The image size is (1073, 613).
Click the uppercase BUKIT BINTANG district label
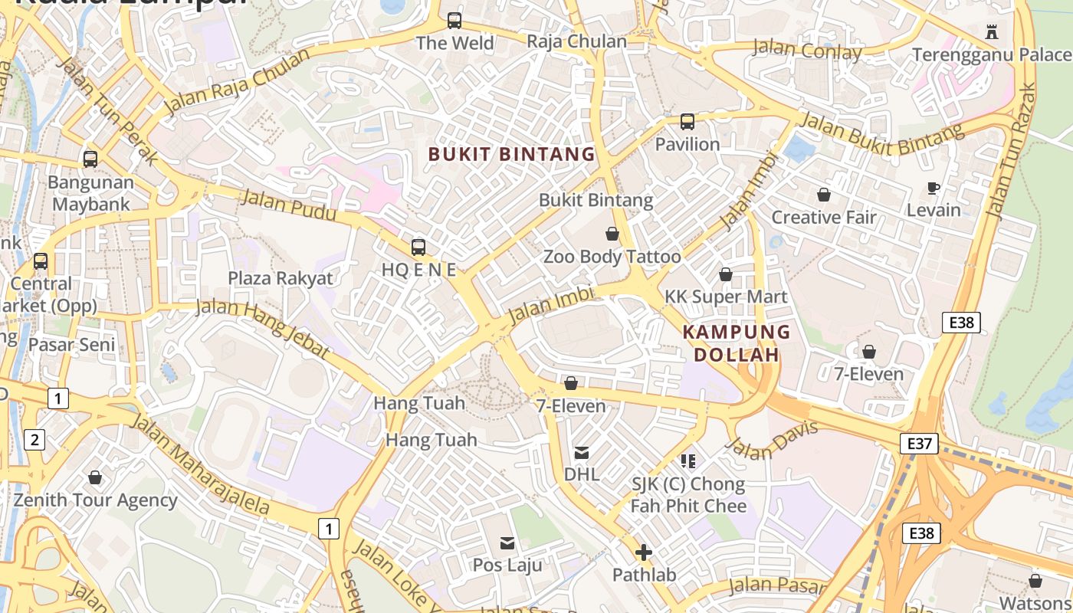click(511, 154)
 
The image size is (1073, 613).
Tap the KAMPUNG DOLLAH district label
click(737, 343)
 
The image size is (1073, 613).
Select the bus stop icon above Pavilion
click(687, 122)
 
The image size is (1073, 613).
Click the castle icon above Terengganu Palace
click(992, 31)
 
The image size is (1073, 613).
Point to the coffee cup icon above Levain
click(933, 188)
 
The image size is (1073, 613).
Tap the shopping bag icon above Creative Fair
click(823, 195)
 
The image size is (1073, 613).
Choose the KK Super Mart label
click(725, 297)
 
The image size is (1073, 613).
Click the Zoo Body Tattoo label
click(612, 257)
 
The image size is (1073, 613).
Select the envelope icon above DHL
click(582, 452)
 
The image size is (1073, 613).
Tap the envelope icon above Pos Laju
click(507, 543)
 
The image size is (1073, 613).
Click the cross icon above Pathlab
click(644, 552)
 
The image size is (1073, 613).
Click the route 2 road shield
click(34, 440)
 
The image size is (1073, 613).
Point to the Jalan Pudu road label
click(289, 206)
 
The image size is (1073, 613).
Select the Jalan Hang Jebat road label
click(263, 329)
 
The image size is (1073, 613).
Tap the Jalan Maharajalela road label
click(200, 464)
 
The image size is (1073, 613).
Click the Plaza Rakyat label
click(281, 277)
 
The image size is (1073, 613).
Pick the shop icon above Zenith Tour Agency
click(95, 478)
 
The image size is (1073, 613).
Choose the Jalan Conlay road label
click(807, 50)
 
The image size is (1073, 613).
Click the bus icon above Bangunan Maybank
click(90, 159)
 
